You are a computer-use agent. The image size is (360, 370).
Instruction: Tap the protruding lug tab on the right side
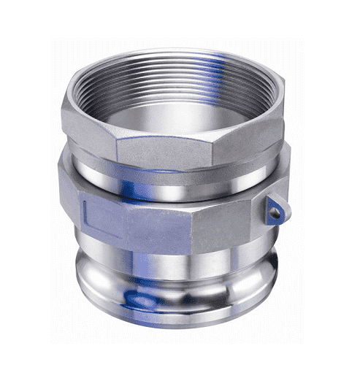[x=275, y=209]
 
